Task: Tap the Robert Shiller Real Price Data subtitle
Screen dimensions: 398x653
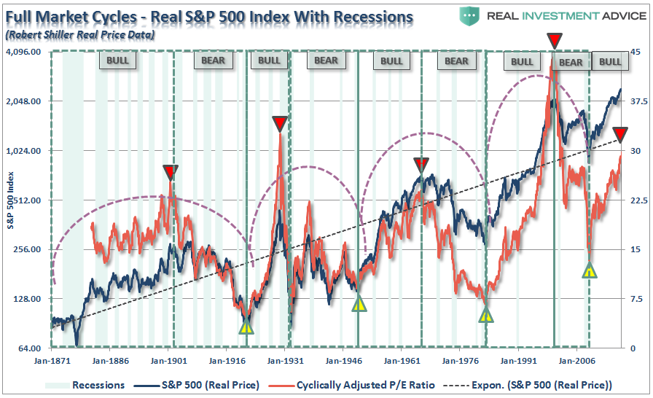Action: click(80, 34)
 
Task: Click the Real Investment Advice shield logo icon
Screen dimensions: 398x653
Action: click(474, 16)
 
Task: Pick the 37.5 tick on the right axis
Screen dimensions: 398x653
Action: click(630, 102)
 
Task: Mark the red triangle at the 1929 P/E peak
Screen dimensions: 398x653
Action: click(280, 123)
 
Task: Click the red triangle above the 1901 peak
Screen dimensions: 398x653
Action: click(171, 172)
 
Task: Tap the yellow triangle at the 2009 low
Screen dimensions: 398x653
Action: click(590, 271)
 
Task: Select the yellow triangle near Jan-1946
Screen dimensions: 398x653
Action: click(358, 304)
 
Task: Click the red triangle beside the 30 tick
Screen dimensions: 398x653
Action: click(620, 134)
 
